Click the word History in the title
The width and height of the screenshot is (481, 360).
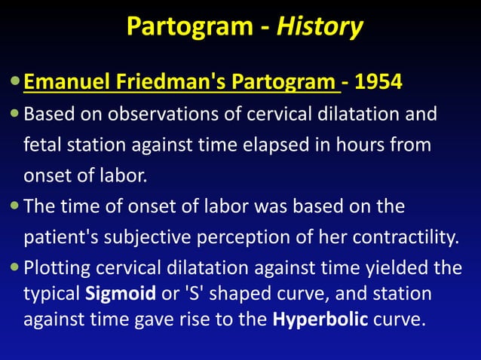pyautogui.click(x=320, y=27)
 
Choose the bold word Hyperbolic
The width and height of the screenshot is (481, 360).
pyautogui.click(x=320, y=319)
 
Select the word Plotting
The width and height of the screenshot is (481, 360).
pyautogui.click(x=54, y=267)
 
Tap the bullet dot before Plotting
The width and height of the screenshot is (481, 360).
pyautogui.click(x=16, y=267)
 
